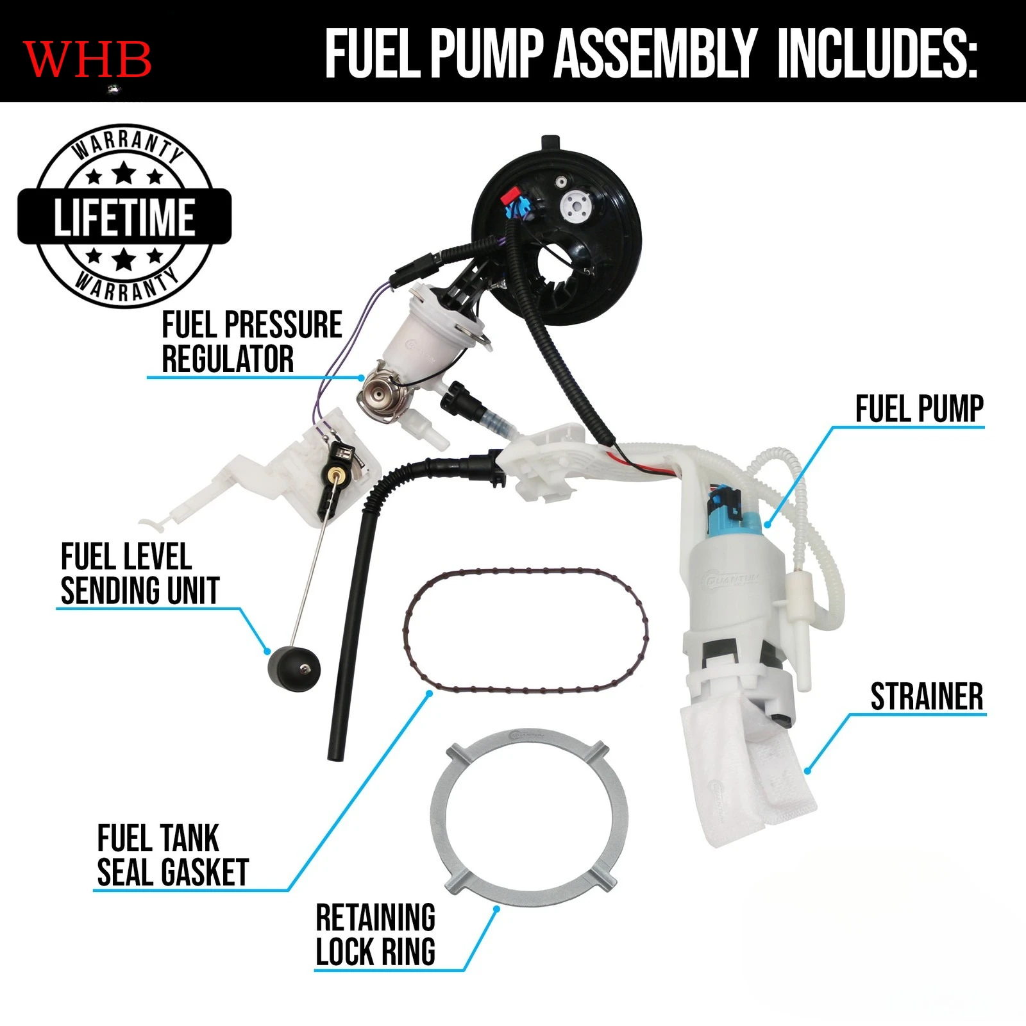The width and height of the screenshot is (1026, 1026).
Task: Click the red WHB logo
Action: (x=87, y=59)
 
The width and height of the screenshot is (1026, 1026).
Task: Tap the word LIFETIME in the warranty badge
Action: (x=124, y=217)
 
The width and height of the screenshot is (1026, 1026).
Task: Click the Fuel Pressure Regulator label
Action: (x=251, y=342)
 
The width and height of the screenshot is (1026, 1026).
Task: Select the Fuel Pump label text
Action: (x=919, y=409)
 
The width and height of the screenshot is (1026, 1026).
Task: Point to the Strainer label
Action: (x=927, y=697)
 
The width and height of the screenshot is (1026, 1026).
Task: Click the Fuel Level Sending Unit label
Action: (x=140, y=574)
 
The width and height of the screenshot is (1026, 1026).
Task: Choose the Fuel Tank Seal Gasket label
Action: (x=172, y=855)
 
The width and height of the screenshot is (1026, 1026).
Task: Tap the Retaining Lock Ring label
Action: (x=376, y=934)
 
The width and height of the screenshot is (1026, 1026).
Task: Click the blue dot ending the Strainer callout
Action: (x=808, y=771)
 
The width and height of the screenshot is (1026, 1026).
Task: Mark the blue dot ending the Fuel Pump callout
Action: (x=768, y=525)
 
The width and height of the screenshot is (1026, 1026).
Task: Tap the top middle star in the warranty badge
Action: (x=124, y=172)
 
